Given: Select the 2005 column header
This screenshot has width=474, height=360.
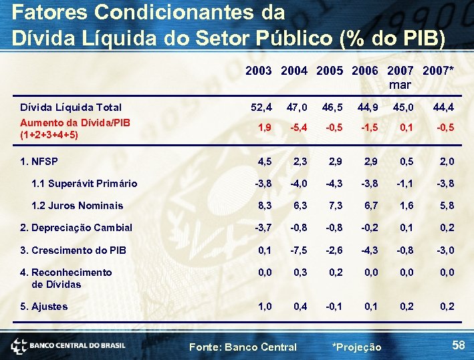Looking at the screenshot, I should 330,70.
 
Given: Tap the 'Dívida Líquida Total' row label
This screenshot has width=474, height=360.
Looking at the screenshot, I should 71,108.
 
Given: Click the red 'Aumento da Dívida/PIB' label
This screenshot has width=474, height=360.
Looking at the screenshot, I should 75,128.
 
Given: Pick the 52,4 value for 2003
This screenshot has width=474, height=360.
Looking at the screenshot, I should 261,108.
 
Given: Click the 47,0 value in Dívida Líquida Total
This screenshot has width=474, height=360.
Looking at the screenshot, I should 297,108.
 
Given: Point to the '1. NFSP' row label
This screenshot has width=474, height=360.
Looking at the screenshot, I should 39,161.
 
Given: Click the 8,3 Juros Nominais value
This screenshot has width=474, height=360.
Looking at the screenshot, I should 264,206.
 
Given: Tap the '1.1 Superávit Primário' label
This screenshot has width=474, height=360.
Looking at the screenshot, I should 84,184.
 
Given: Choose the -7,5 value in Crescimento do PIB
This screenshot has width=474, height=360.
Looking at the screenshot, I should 297,250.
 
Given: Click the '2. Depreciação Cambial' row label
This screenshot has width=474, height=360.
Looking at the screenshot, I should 76,228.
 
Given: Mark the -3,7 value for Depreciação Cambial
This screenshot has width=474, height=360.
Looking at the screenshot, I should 261,228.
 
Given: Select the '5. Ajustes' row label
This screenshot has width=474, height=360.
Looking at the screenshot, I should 44,307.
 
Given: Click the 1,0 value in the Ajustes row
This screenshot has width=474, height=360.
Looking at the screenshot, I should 264,307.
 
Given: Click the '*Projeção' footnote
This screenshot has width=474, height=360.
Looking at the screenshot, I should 356,347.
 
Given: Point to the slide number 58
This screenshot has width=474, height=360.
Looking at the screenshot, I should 458,345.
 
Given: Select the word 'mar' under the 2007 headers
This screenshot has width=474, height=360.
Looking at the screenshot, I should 400,85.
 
